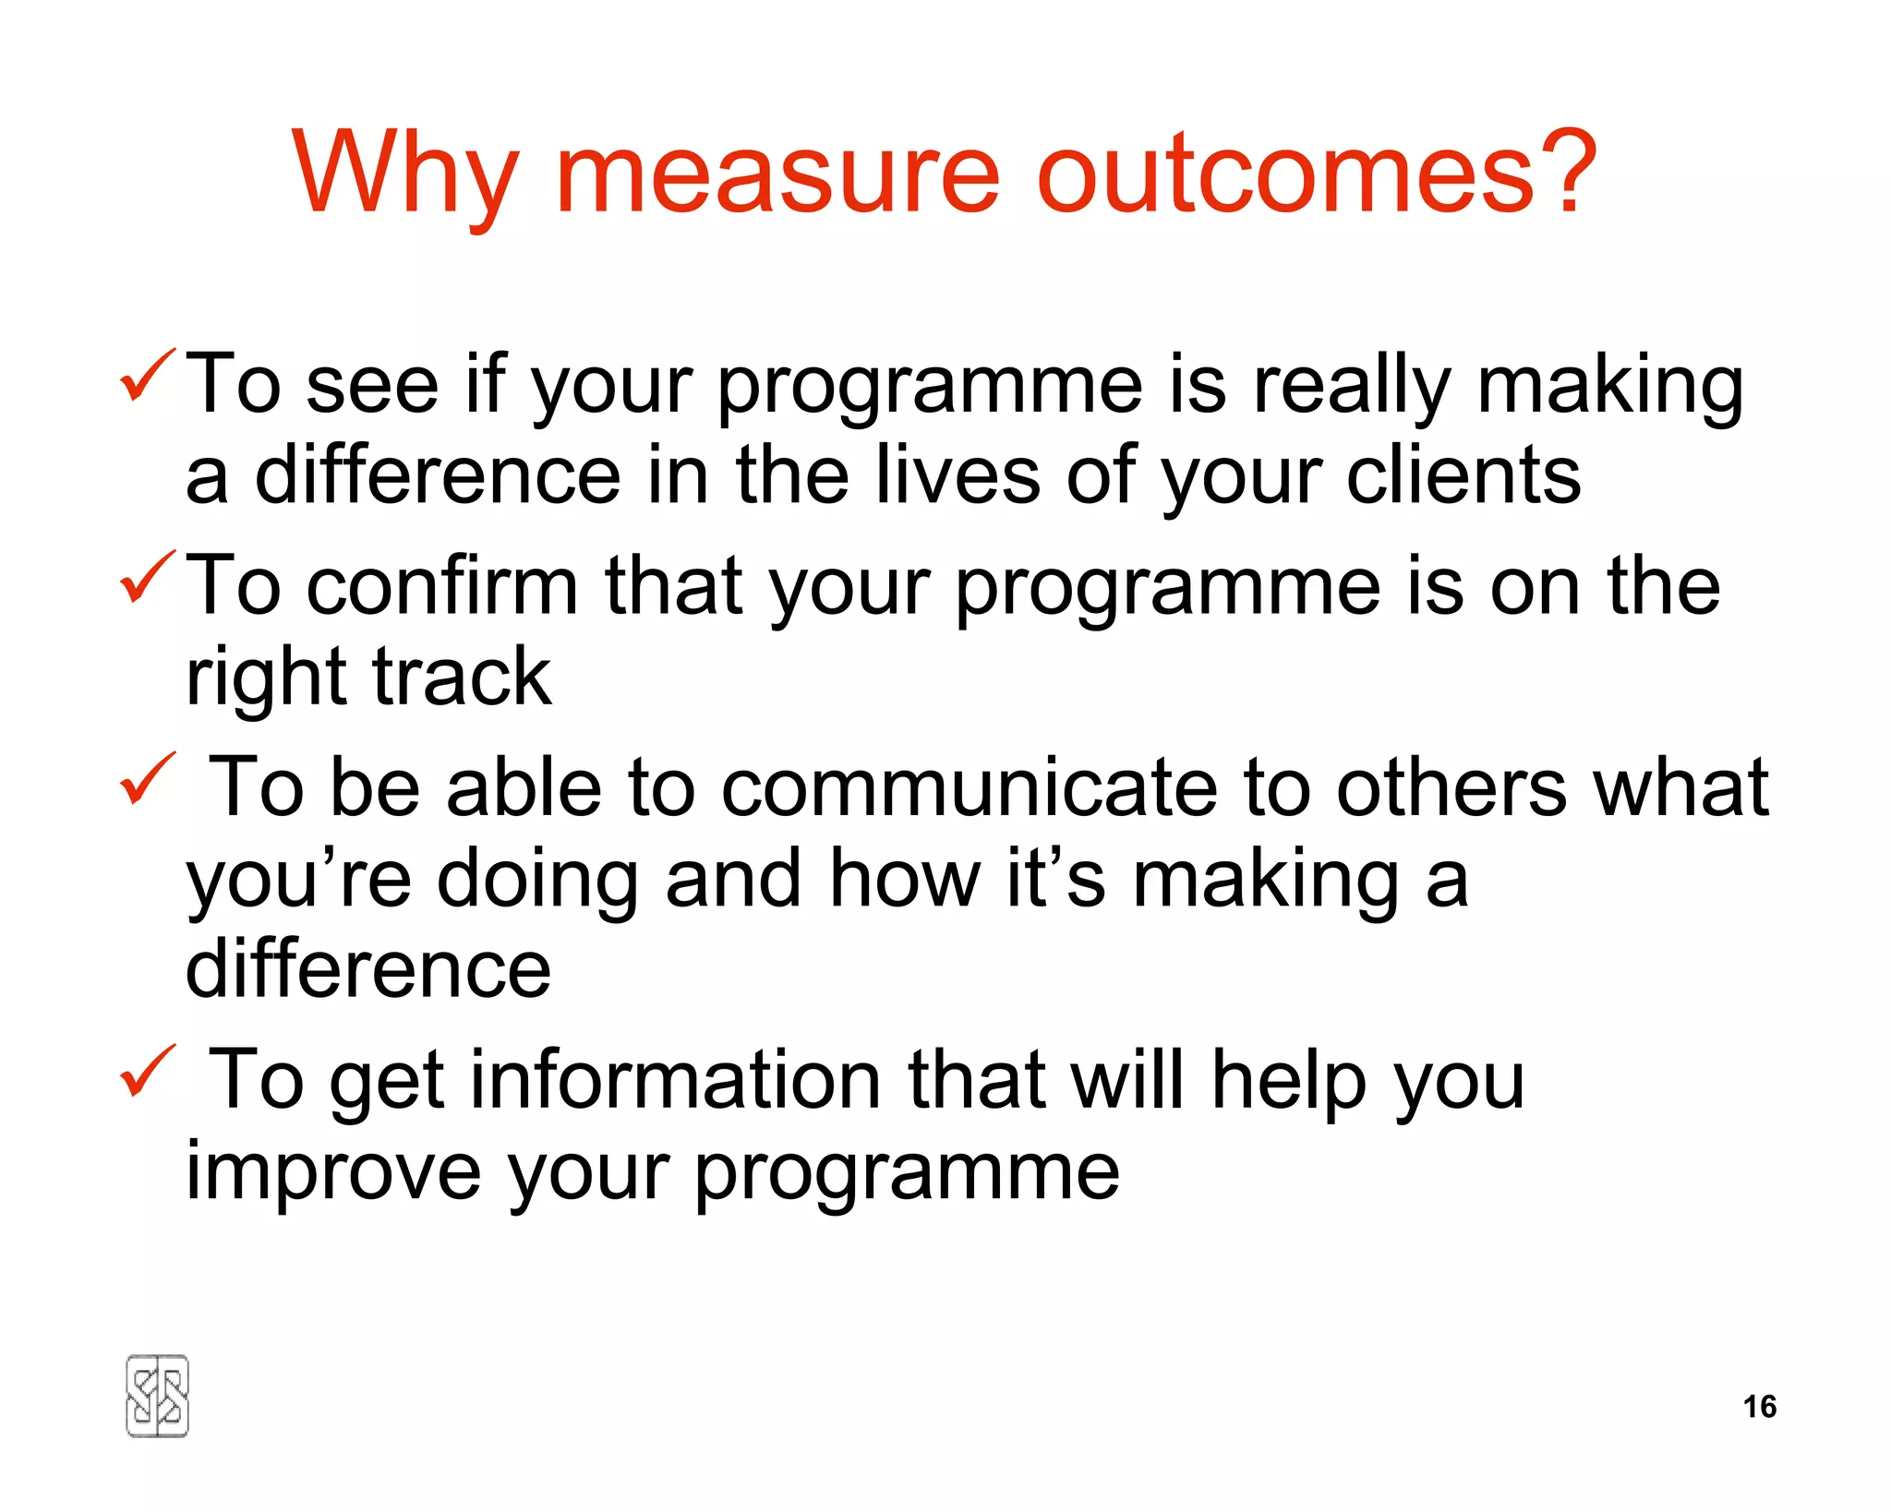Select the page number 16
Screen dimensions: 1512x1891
click(1759, 1406)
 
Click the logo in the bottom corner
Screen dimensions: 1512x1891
click(157, 1396)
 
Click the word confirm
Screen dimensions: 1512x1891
click(442, 586)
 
